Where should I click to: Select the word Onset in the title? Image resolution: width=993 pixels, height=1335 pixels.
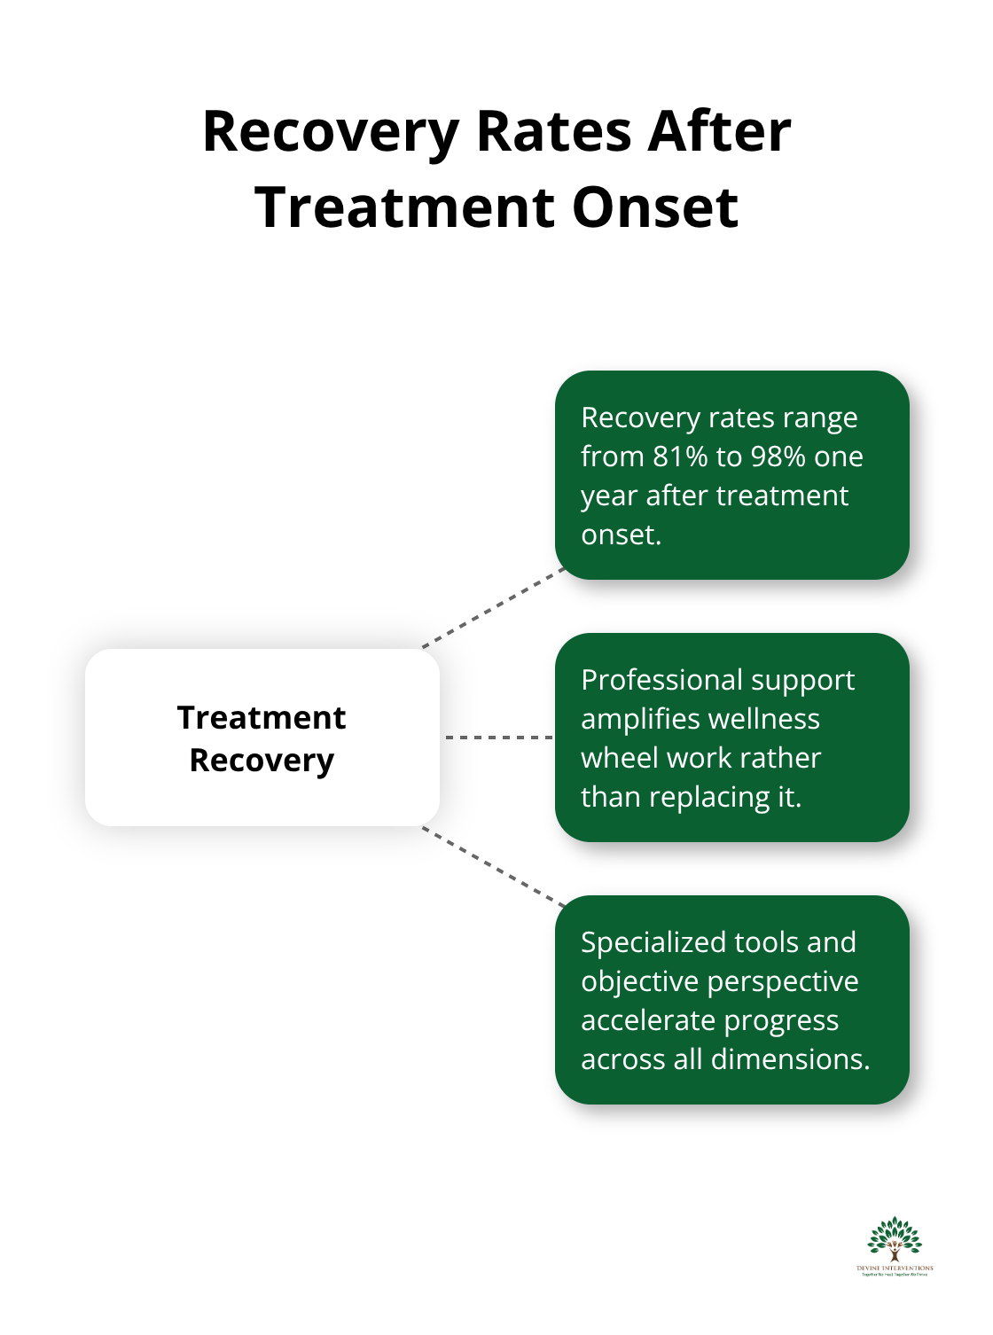point(655,207)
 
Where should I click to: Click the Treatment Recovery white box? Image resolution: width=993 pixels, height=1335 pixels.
point(262,738)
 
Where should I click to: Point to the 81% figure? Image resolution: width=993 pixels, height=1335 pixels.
point(680,457)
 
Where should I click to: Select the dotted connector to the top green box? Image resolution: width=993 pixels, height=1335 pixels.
point(494,609)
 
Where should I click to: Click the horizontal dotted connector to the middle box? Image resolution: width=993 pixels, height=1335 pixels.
point(498,737)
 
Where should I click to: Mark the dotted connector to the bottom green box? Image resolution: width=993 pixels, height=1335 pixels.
point(494,866)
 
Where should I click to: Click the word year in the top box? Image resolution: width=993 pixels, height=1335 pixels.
point(609,496)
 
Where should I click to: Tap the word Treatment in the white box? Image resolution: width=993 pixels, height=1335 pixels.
point(262,717)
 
